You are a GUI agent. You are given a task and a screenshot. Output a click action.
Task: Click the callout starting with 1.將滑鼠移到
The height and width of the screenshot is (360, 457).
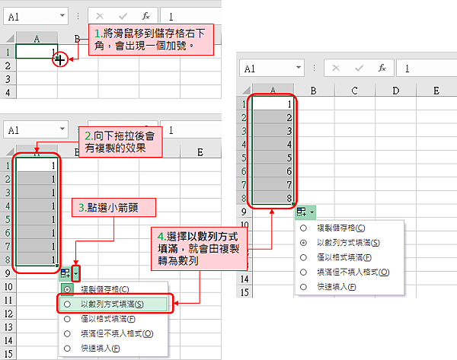coord(152,39)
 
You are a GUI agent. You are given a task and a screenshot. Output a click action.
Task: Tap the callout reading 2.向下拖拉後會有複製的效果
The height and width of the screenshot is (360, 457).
coord(123,141)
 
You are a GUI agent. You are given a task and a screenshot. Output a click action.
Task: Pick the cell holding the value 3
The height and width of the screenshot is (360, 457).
coord(273,132)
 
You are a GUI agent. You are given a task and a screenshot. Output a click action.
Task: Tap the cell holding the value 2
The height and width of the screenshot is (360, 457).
coord(273,118)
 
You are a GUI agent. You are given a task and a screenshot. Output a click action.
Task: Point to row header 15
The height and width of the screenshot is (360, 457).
coord(244,292)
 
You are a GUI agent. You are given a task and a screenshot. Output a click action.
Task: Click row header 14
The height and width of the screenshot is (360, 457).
coord(244,278)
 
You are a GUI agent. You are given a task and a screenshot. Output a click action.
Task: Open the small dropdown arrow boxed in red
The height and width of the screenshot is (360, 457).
coord(75,272)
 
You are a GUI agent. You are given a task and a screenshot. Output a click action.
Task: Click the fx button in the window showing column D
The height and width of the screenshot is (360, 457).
coord(382,68)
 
